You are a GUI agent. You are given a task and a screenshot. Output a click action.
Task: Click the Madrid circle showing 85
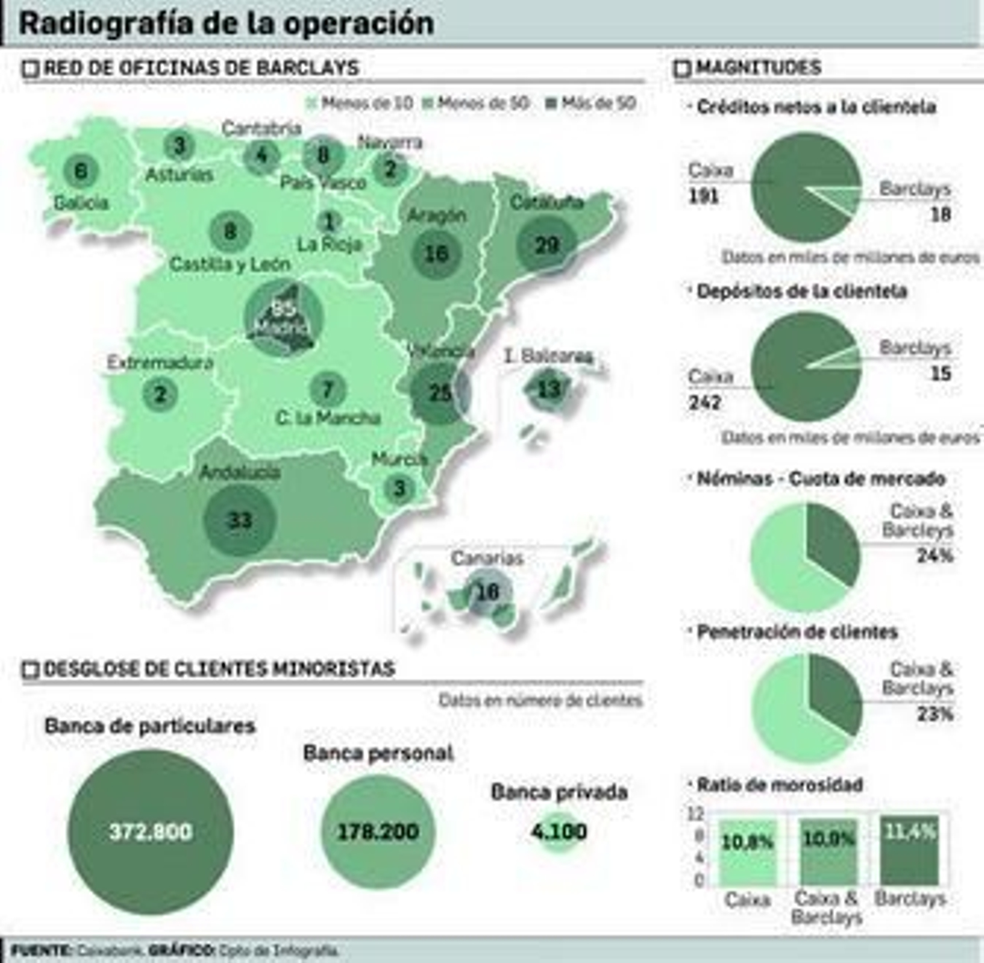284,317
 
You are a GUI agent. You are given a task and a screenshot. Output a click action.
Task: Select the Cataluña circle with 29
547,245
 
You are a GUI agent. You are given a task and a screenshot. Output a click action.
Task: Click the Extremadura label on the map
160,363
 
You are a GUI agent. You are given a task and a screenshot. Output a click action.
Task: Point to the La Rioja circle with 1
330,222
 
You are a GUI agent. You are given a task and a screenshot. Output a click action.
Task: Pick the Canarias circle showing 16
488,591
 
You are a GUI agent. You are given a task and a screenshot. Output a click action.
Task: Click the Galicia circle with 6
81,170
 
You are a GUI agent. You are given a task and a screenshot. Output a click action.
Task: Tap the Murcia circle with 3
399,489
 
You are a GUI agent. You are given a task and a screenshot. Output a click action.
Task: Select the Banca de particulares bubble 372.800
151,831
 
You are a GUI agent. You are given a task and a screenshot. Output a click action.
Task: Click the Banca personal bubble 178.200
378,831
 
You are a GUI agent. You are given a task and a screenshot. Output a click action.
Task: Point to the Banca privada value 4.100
559,831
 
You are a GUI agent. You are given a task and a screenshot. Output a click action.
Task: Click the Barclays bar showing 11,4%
910,851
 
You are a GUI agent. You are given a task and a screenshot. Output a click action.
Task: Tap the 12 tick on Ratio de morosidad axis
696,814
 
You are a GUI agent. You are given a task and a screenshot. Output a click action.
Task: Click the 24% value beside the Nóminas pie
935,556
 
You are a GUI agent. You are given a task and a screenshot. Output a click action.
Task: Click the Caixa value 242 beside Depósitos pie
705,403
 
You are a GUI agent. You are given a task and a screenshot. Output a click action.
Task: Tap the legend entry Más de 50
591,103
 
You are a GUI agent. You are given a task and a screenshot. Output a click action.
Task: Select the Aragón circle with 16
437,253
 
